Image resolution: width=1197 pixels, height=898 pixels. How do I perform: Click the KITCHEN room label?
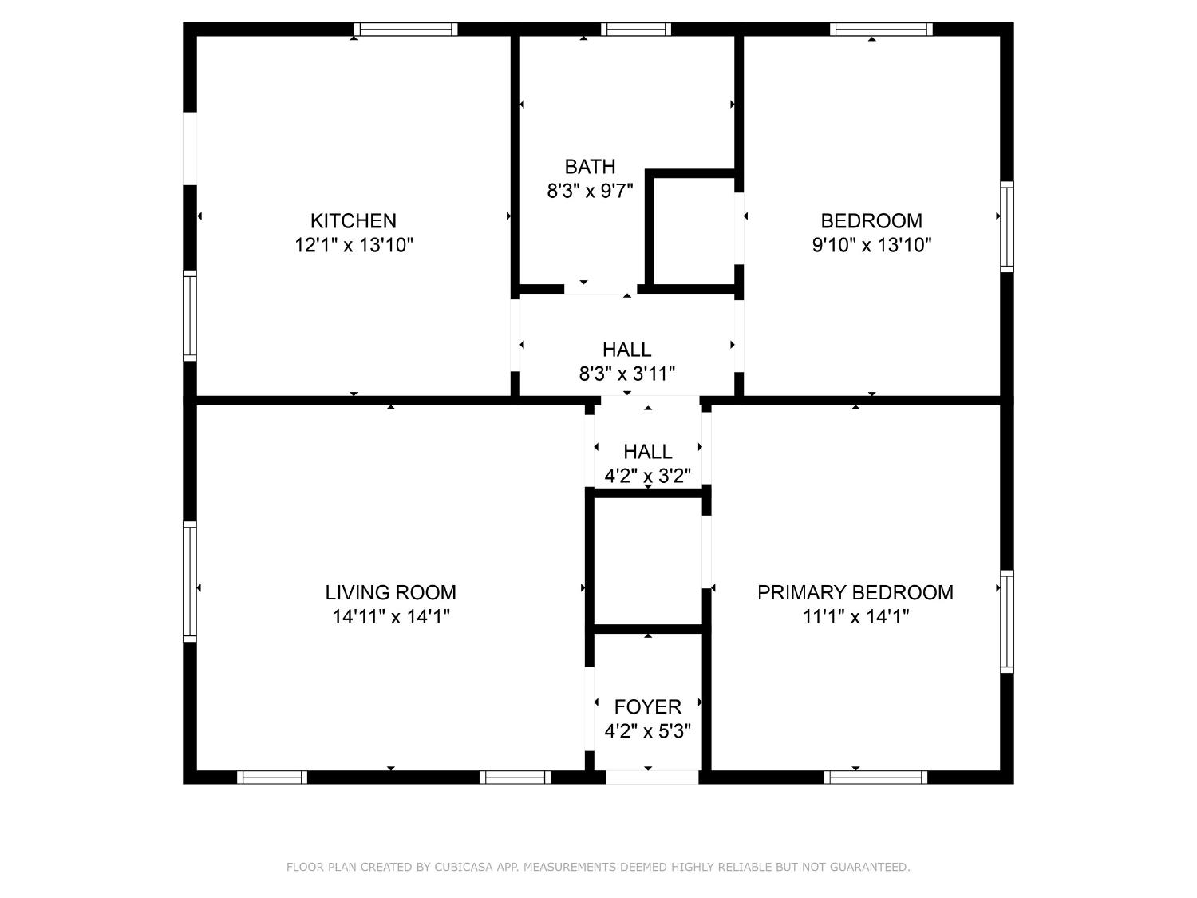point(353,220)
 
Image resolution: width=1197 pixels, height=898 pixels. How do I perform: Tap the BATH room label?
point(590,167)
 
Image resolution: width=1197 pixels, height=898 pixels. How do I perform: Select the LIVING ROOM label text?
point(390,592)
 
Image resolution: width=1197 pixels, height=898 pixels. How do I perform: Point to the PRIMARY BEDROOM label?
point(855,592)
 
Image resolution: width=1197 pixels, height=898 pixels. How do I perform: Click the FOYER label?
point(647,706)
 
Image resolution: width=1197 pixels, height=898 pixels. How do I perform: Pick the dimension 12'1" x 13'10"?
point(353,245)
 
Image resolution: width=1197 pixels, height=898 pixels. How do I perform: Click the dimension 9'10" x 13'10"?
point(871,245)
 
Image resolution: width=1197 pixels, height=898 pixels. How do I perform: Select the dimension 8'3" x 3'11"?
point(626,373)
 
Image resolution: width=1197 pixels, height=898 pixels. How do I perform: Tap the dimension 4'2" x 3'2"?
point(647,477)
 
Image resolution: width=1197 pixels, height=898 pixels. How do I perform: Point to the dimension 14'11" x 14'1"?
point(390,617)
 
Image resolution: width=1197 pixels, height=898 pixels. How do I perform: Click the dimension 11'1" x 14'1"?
point(855,617)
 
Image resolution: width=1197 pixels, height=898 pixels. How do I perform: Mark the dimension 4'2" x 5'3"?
point(647,731)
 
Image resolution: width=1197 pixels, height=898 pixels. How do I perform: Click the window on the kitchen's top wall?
point(406,30)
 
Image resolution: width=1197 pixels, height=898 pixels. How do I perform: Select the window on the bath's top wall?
point(636,30)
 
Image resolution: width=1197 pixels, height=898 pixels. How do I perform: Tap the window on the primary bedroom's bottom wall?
point(875,777)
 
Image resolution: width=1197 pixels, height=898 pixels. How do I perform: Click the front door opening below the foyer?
point(652,777)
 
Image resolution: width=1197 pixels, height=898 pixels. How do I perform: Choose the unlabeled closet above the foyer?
point(647,561)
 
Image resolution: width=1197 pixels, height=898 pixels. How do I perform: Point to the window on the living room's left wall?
point(190,581)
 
